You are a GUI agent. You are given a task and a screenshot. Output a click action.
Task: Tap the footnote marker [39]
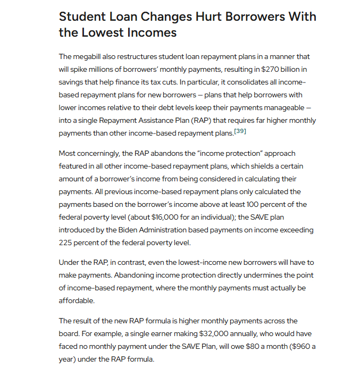tap(240, 131)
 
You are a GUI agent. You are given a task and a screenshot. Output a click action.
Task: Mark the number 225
tap(67, 242)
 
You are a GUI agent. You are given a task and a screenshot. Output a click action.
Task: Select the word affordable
tap(77, 300)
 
